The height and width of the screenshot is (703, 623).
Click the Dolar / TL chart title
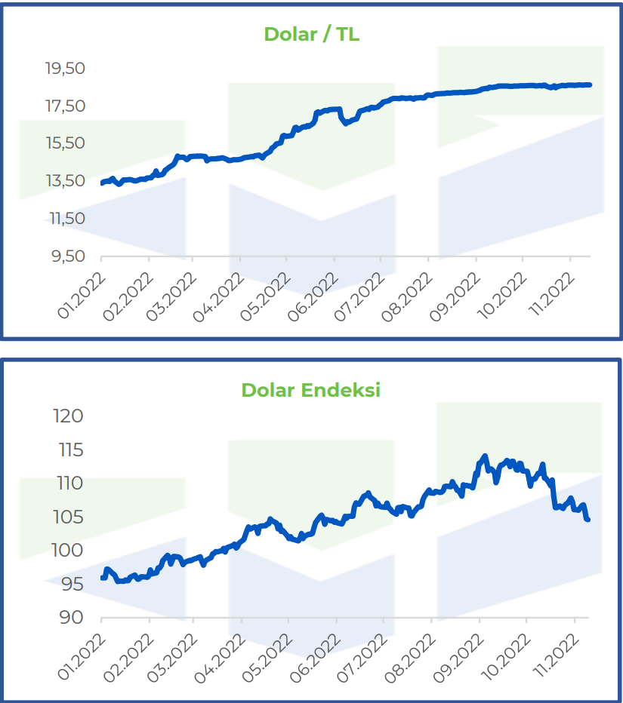coord(311,34)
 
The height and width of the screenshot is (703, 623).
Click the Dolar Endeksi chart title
coord(310,390)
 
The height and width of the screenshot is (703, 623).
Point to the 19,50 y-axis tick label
coord(65,68)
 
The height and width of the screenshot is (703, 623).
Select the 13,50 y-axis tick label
coord(65,181)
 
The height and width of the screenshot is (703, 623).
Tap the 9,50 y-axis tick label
coord(68,256)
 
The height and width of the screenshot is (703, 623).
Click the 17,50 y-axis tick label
coord(65,106)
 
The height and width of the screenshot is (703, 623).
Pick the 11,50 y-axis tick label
coord(67,218)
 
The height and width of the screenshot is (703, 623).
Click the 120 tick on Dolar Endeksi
coord(68,416)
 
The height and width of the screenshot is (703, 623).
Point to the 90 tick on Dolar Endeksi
coord(72,618)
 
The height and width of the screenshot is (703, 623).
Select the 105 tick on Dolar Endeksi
coord(68,517)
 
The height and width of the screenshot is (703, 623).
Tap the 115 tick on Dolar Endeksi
coord(71,450)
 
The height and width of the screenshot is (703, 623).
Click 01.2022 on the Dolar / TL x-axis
coord(82,296)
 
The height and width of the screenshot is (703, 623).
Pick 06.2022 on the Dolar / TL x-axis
coord(313,297)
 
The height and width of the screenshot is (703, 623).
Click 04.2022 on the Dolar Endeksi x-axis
coord(220,658)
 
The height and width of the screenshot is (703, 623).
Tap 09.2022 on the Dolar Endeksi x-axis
coord(458,658)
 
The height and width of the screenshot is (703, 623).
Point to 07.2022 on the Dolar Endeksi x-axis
coord(362,658)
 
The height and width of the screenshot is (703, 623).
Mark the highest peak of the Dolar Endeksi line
coord(485,456)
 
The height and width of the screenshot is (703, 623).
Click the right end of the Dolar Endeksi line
coord(588,520)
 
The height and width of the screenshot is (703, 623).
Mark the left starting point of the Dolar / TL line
coord(103,183)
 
